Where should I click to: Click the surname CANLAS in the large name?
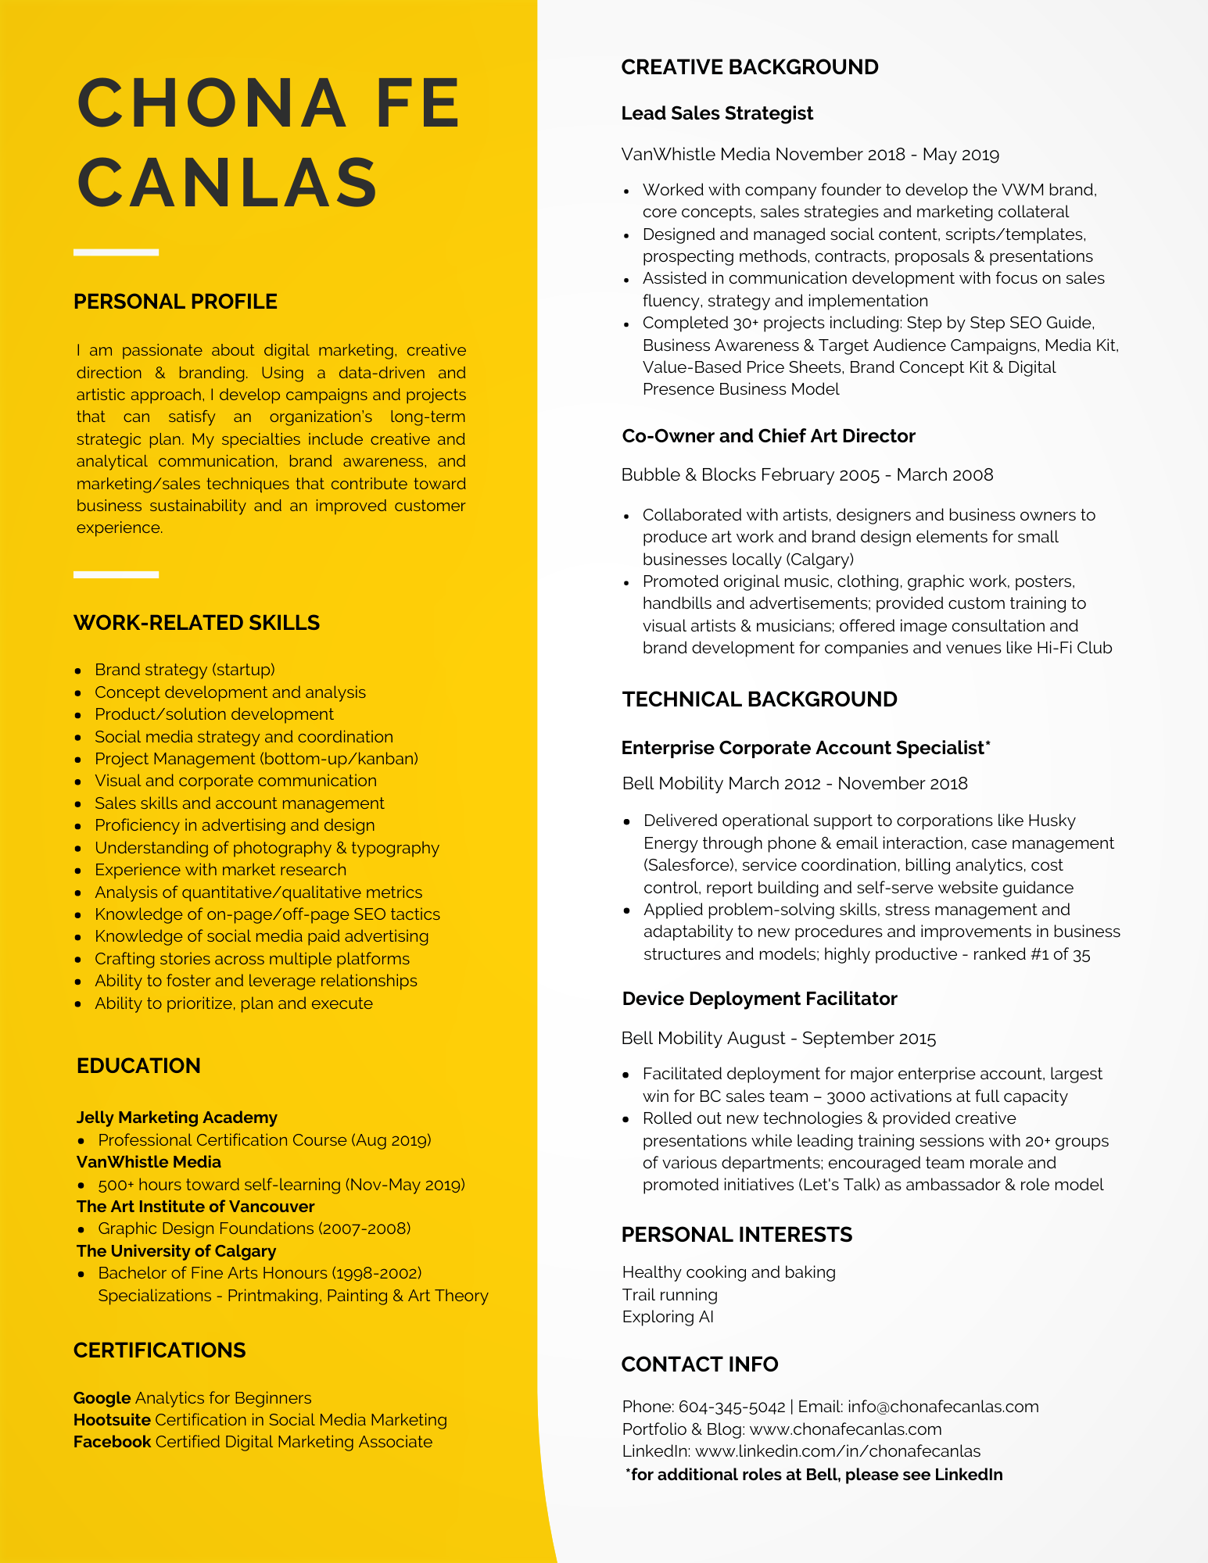pyautogui.click(x=228, y=183)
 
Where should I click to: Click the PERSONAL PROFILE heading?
pyautogui.click(x=175, y=302)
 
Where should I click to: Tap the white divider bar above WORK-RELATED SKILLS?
pyautogui.click(x=116, y=574)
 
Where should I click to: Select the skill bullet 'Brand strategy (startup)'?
pyautogui.click(x=185, y=670)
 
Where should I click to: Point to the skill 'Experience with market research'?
pyautogui.click(x=220, y=870)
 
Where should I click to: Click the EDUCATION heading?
pyautogui.click(x=138, y=1066)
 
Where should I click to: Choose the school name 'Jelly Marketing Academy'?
pyautogui.click(x=177, y=1118)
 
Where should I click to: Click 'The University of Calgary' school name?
pyautogui.click(x=176, y=1251)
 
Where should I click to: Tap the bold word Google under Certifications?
pyautogui.click(x=102, y=1398)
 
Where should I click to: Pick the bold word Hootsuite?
pyautogui.click(x=112, y=1420)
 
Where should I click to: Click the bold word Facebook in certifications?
pyautogui.click(x=112, y=1442)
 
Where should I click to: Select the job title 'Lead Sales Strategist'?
pyautogui.click(x=717, y=113)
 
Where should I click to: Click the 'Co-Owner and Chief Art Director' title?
pyautogui.click(x=768, y=436)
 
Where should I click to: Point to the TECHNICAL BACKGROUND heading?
pyautogui.click(x=759, y=699)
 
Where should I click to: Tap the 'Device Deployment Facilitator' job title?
pyautogui.click(x=759, y=999)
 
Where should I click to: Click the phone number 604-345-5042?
pyautogui.click(x=732, y=1407)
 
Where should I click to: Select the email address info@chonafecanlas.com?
pyautogui.click(x=943, y=1407)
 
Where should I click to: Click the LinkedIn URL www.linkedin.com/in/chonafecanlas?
pyautogui.click(x=837, y=1451)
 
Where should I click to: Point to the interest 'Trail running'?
pyautogui.click(x=670, y=1295)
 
